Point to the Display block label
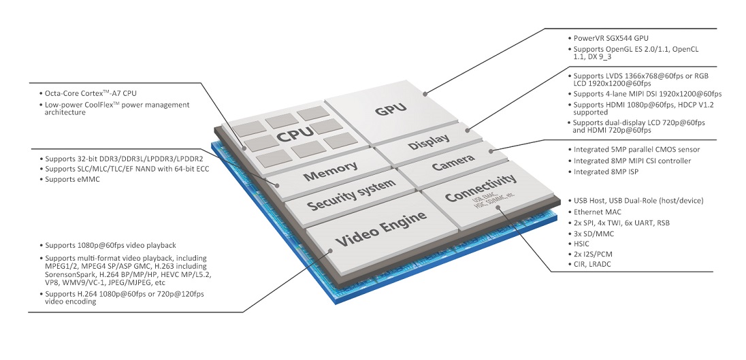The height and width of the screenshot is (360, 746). [429, 142]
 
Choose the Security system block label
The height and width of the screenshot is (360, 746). [351, 195]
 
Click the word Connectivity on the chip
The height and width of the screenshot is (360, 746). [481, 187]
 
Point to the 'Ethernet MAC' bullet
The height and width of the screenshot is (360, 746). [595, 212]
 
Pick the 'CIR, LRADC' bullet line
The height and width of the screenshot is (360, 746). [590, 264]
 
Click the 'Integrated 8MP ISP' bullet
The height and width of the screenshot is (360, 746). [603, 171]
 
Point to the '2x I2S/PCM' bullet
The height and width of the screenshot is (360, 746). [591, 255]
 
